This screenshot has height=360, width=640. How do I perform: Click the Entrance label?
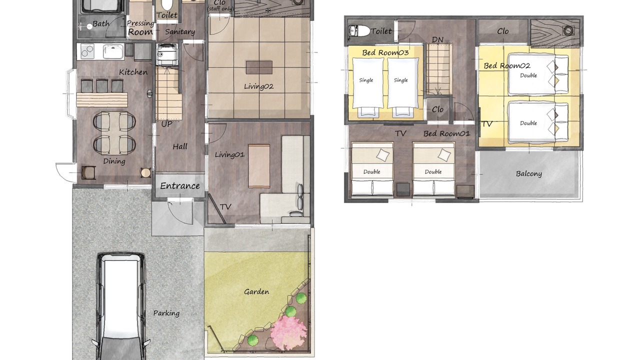point(179,186)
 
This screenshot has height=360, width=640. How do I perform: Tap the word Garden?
point(256,291)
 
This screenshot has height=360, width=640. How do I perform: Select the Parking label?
point(166,313)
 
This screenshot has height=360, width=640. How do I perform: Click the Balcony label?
point(528,173)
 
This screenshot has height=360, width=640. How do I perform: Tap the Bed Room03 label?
point(385,52)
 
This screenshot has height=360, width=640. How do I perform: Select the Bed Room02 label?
point(507,65)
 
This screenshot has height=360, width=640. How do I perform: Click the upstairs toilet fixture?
point(359,30)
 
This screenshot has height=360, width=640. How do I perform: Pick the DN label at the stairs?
point(437,39)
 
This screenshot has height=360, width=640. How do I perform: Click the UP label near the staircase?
point(166,124)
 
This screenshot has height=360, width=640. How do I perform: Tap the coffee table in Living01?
point(259,166)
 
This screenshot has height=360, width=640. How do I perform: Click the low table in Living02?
point(259,67)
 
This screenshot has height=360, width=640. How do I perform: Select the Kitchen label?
point(133,72)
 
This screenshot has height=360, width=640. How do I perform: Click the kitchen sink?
point(113,51)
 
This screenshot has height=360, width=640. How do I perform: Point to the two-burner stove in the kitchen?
point(87,51)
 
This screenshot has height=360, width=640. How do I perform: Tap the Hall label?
point(180,147)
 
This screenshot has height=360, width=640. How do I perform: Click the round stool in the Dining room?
point(145,172)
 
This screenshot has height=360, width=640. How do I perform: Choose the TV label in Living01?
point(225,207)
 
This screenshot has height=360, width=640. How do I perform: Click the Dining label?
point(114,161)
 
